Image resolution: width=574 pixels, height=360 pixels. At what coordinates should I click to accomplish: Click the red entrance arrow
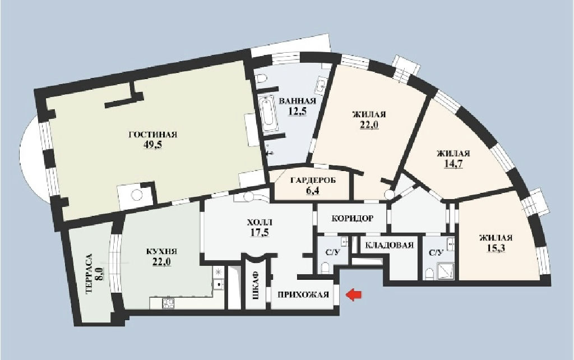354,294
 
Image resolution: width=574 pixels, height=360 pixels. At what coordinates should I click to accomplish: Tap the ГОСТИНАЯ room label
153,135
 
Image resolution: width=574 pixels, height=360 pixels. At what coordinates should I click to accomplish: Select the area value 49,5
153,145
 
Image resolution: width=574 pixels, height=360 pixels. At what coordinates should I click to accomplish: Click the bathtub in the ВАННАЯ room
270,114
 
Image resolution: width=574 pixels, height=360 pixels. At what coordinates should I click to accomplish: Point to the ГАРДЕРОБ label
313,181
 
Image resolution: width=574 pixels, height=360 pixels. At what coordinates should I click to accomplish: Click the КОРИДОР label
353,219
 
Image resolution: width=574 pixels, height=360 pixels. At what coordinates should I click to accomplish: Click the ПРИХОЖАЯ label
303,294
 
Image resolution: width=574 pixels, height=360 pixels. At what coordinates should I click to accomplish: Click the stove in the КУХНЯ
168,303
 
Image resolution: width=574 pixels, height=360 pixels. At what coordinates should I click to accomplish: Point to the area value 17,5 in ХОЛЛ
260,232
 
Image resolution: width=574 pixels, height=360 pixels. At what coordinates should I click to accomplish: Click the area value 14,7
453,163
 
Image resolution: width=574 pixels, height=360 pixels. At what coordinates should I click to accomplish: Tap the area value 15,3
496,248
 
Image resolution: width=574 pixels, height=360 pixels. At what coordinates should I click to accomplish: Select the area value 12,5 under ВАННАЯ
297,112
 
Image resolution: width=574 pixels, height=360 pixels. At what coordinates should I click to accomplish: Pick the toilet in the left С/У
325,267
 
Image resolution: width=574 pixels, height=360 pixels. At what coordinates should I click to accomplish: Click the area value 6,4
313,191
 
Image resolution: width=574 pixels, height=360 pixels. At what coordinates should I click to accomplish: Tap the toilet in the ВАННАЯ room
261,79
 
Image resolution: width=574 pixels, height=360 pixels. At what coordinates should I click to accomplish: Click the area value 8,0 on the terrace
99,274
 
